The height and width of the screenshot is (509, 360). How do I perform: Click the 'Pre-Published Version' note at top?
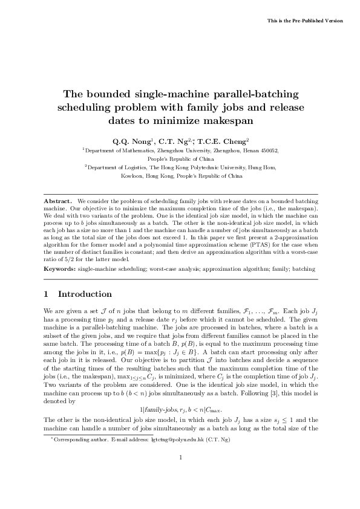(x=305, y=21)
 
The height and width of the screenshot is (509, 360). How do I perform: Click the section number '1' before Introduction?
(x=47, y=294)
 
